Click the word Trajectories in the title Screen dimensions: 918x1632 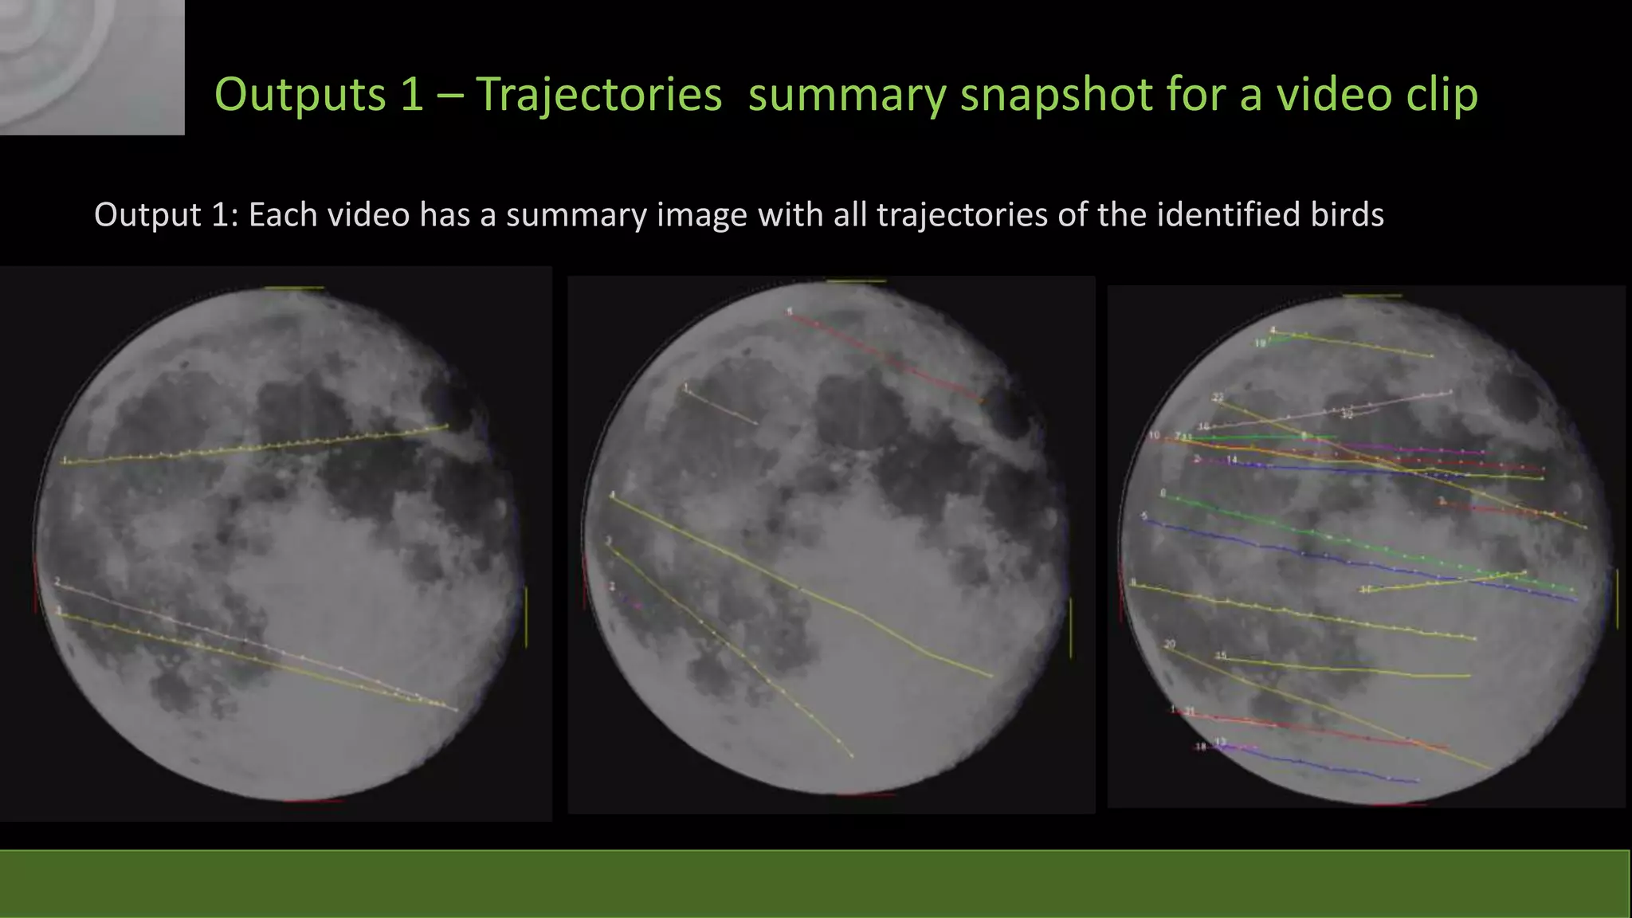[x=598, y=95]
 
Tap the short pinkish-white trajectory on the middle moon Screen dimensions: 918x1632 [x=721, y=406]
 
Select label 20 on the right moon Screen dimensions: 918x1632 [x=1169, y=644]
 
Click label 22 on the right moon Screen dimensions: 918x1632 [x=1218, y=397]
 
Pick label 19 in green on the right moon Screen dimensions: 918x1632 [x=1261, y=343]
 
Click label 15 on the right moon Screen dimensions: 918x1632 [x=1221, y=655]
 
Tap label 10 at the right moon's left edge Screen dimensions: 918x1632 [x=1155, y=435]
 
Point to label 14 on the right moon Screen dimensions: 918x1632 [x=1232, y=460]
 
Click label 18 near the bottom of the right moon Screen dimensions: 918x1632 [x=1200, y=747]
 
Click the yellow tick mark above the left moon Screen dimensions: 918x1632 [x=295, y=288]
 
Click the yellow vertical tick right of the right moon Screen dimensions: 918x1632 [x=1617, y=598]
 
